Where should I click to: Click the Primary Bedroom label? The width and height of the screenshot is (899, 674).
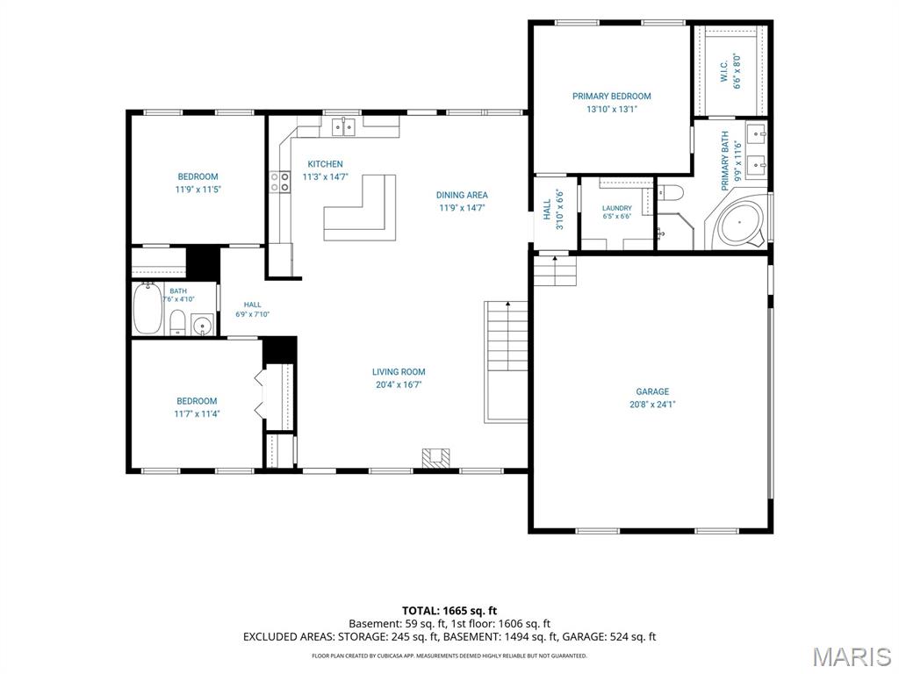[x=611, y=97]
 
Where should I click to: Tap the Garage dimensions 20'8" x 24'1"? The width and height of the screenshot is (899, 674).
[x=652, y=404]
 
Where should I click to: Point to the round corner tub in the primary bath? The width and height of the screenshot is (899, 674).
[x=741, y=222]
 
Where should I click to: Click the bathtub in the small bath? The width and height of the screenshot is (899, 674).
[x=147, y=308]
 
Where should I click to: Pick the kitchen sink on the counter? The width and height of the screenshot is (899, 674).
[x=344, y=126]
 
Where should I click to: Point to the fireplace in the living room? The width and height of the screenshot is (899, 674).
[x=435, y=457]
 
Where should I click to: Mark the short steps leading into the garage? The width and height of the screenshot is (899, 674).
[x=555, y=270]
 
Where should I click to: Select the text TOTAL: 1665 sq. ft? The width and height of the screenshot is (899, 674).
[x=449, y=611]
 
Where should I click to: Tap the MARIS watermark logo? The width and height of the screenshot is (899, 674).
[x=851, y=657]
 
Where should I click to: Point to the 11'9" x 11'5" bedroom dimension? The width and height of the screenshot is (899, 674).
[x=198, y=190]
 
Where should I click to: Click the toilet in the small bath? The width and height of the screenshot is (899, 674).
[x=177, y=323]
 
